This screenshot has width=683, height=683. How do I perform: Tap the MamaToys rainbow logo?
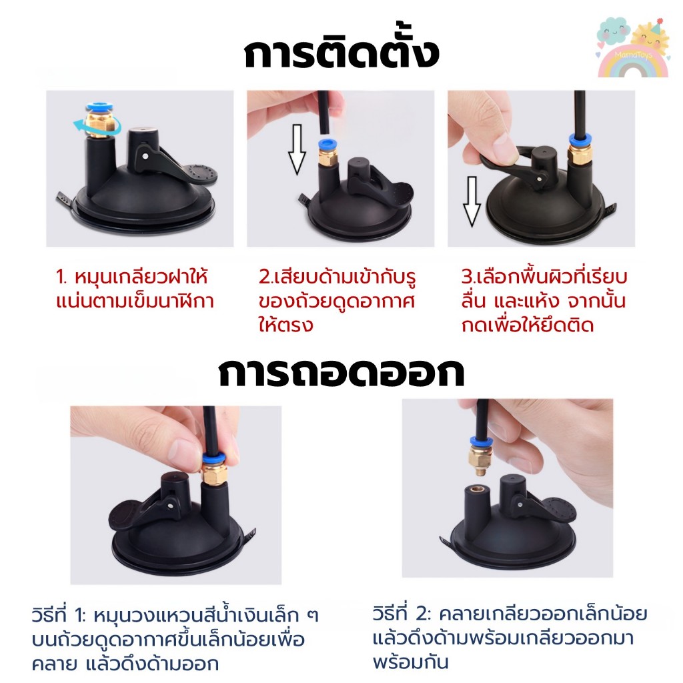[632, 48]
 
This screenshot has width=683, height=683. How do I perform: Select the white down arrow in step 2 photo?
[297, 149]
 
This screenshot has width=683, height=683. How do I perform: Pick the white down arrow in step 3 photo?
[472, 201]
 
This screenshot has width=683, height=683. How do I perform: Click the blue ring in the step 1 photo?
[99, 107]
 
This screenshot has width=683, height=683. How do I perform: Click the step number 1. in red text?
[62, 277]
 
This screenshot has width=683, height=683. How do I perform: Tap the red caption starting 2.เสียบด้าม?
[337, 301]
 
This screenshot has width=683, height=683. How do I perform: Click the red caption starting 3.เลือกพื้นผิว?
[544, 301]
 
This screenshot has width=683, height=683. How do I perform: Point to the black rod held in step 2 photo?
[323, 112]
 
